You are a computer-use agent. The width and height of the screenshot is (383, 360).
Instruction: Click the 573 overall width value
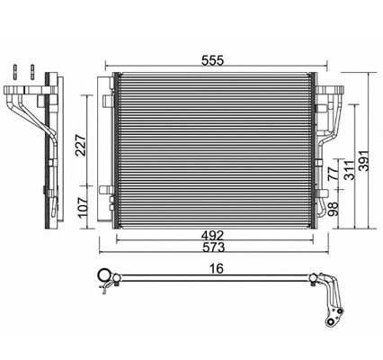pyautogui.click(x=214, y=248)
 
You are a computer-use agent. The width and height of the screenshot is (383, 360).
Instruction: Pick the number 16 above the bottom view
pyautogui.click(x=214, y=267)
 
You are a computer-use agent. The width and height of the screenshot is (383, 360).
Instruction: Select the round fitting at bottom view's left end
pyautogui.click(x=103, y=279)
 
